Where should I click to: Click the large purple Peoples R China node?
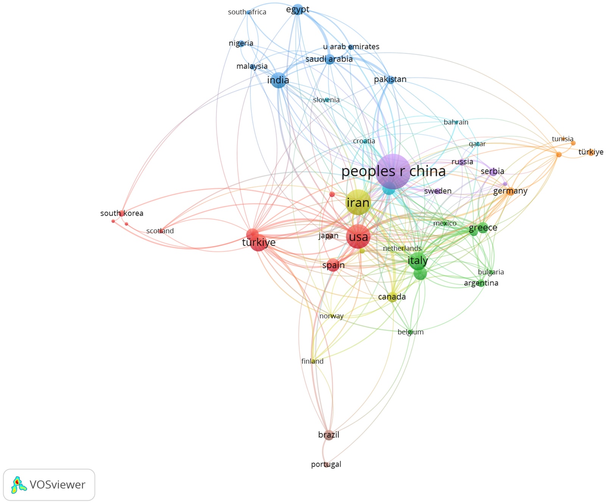pos(393,171)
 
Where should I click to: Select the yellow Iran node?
pos(358,203)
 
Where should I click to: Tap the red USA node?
pos(358,236)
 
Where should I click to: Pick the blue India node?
pos(279,80)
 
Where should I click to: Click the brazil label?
pos(329,435)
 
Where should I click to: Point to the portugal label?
pos(326,464)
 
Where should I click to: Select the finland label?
pos(312,361)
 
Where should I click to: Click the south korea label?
pos(122,213)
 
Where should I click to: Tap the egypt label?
pos(298,9)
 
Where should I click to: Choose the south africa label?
pos(247,12)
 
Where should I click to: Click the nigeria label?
pos(241,43)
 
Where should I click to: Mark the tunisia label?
pos(562,139)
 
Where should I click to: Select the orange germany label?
pos(510,191)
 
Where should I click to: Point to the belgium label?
pos(411,332)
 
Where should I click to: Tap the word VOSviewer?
pos(57,485)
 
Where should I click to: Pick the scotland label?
pos(160,231)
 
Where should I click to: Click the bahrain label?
pos(456,122)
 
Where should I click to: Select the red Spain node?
pos(333,265)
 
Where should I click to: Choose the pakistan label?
pos(390,79)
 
